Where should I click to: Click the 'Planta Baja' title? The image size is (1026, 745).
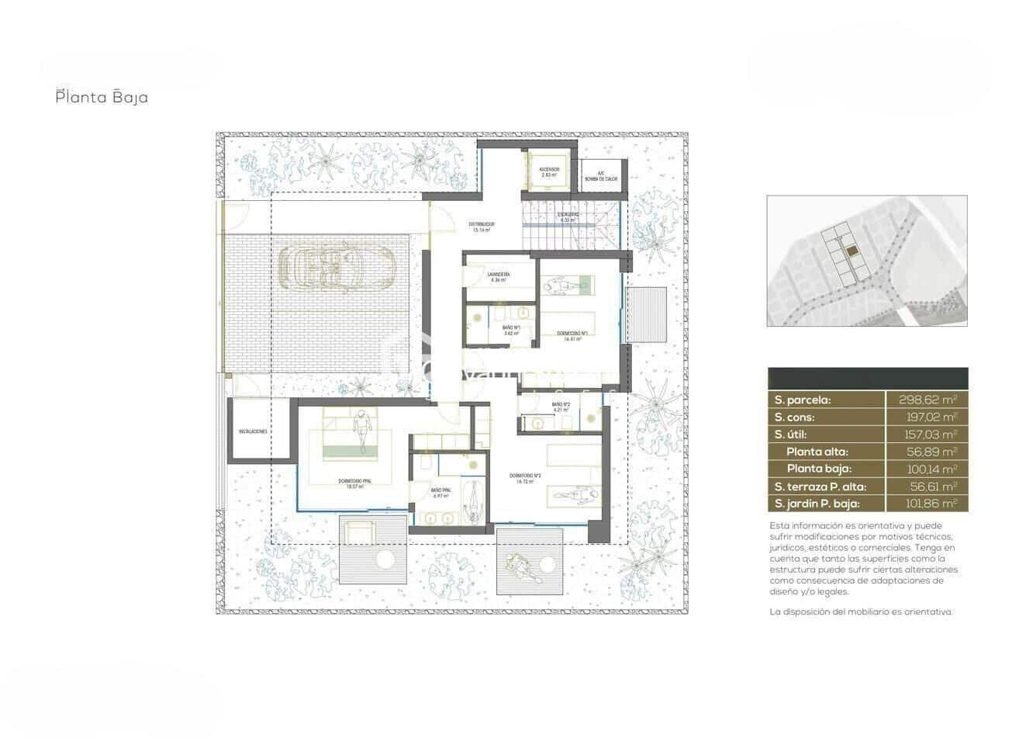pyautogui.click(x=102, y=98)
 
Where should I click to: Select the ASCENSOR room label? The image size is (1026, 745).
pyautogui.click(x=549, y=172)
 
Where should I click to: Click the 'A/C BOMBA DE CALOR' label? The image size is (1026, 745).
pyautogui.click(x=602, y=176)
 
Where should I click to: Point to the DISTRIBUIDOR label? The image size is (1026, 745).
pyautogui.click(x=481, y=227)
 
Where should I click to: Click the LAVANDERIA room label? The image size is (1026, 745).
pyautogui.click(x=498, y=277)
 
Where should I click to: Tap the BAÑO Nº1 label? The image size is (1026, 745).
pyautogui.click(x=511, y=330)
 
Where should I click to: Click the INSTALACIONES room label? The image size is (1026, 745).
pyautogui.click(x=254, y=431)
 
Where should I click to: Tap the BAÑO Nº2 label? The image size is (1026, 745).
pyautogui.click(x=561, y=406)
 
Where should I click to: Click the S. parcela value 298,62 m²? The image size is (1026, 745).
pyautogui.click(x=927, y=400)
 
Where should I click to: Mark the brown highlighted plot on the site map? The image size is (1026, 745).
pyautogui.click(x=852, y=251)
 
